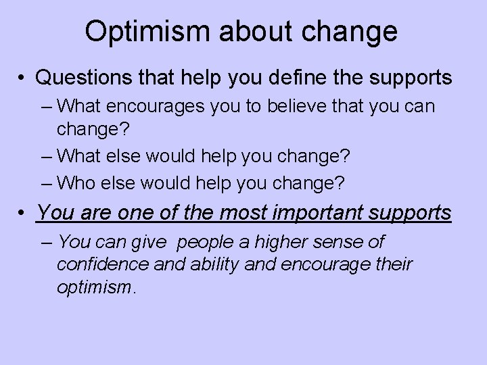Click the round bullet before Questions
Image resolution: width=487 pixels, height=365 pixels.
[24, 78]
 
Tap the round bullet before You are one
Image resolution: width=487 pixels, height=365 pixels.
[24, 214]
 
